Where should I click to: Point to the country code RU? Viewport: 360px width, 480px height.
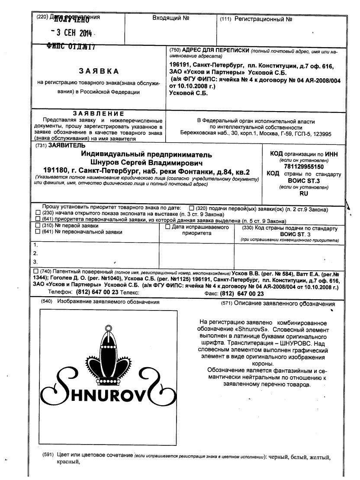[303, 194]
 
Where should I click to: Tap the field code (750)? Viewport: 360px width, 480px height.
[175, 50]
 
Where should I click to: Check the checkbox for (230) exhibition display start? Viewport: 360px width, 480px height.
[38, 214]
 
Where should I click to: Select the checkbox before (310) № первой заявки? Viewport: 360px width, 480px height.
[38, 226]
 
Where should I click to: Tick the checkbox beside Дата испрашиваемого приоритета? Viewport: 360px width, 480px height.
[168, 227]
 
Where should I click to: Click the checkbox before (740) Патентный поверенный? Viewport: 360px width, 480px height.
[35, 271]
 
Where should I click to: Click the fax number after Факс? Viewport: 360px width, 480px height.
[242, 293]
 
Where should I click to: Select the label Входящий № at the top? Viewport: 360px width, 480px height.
[172, 19]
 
